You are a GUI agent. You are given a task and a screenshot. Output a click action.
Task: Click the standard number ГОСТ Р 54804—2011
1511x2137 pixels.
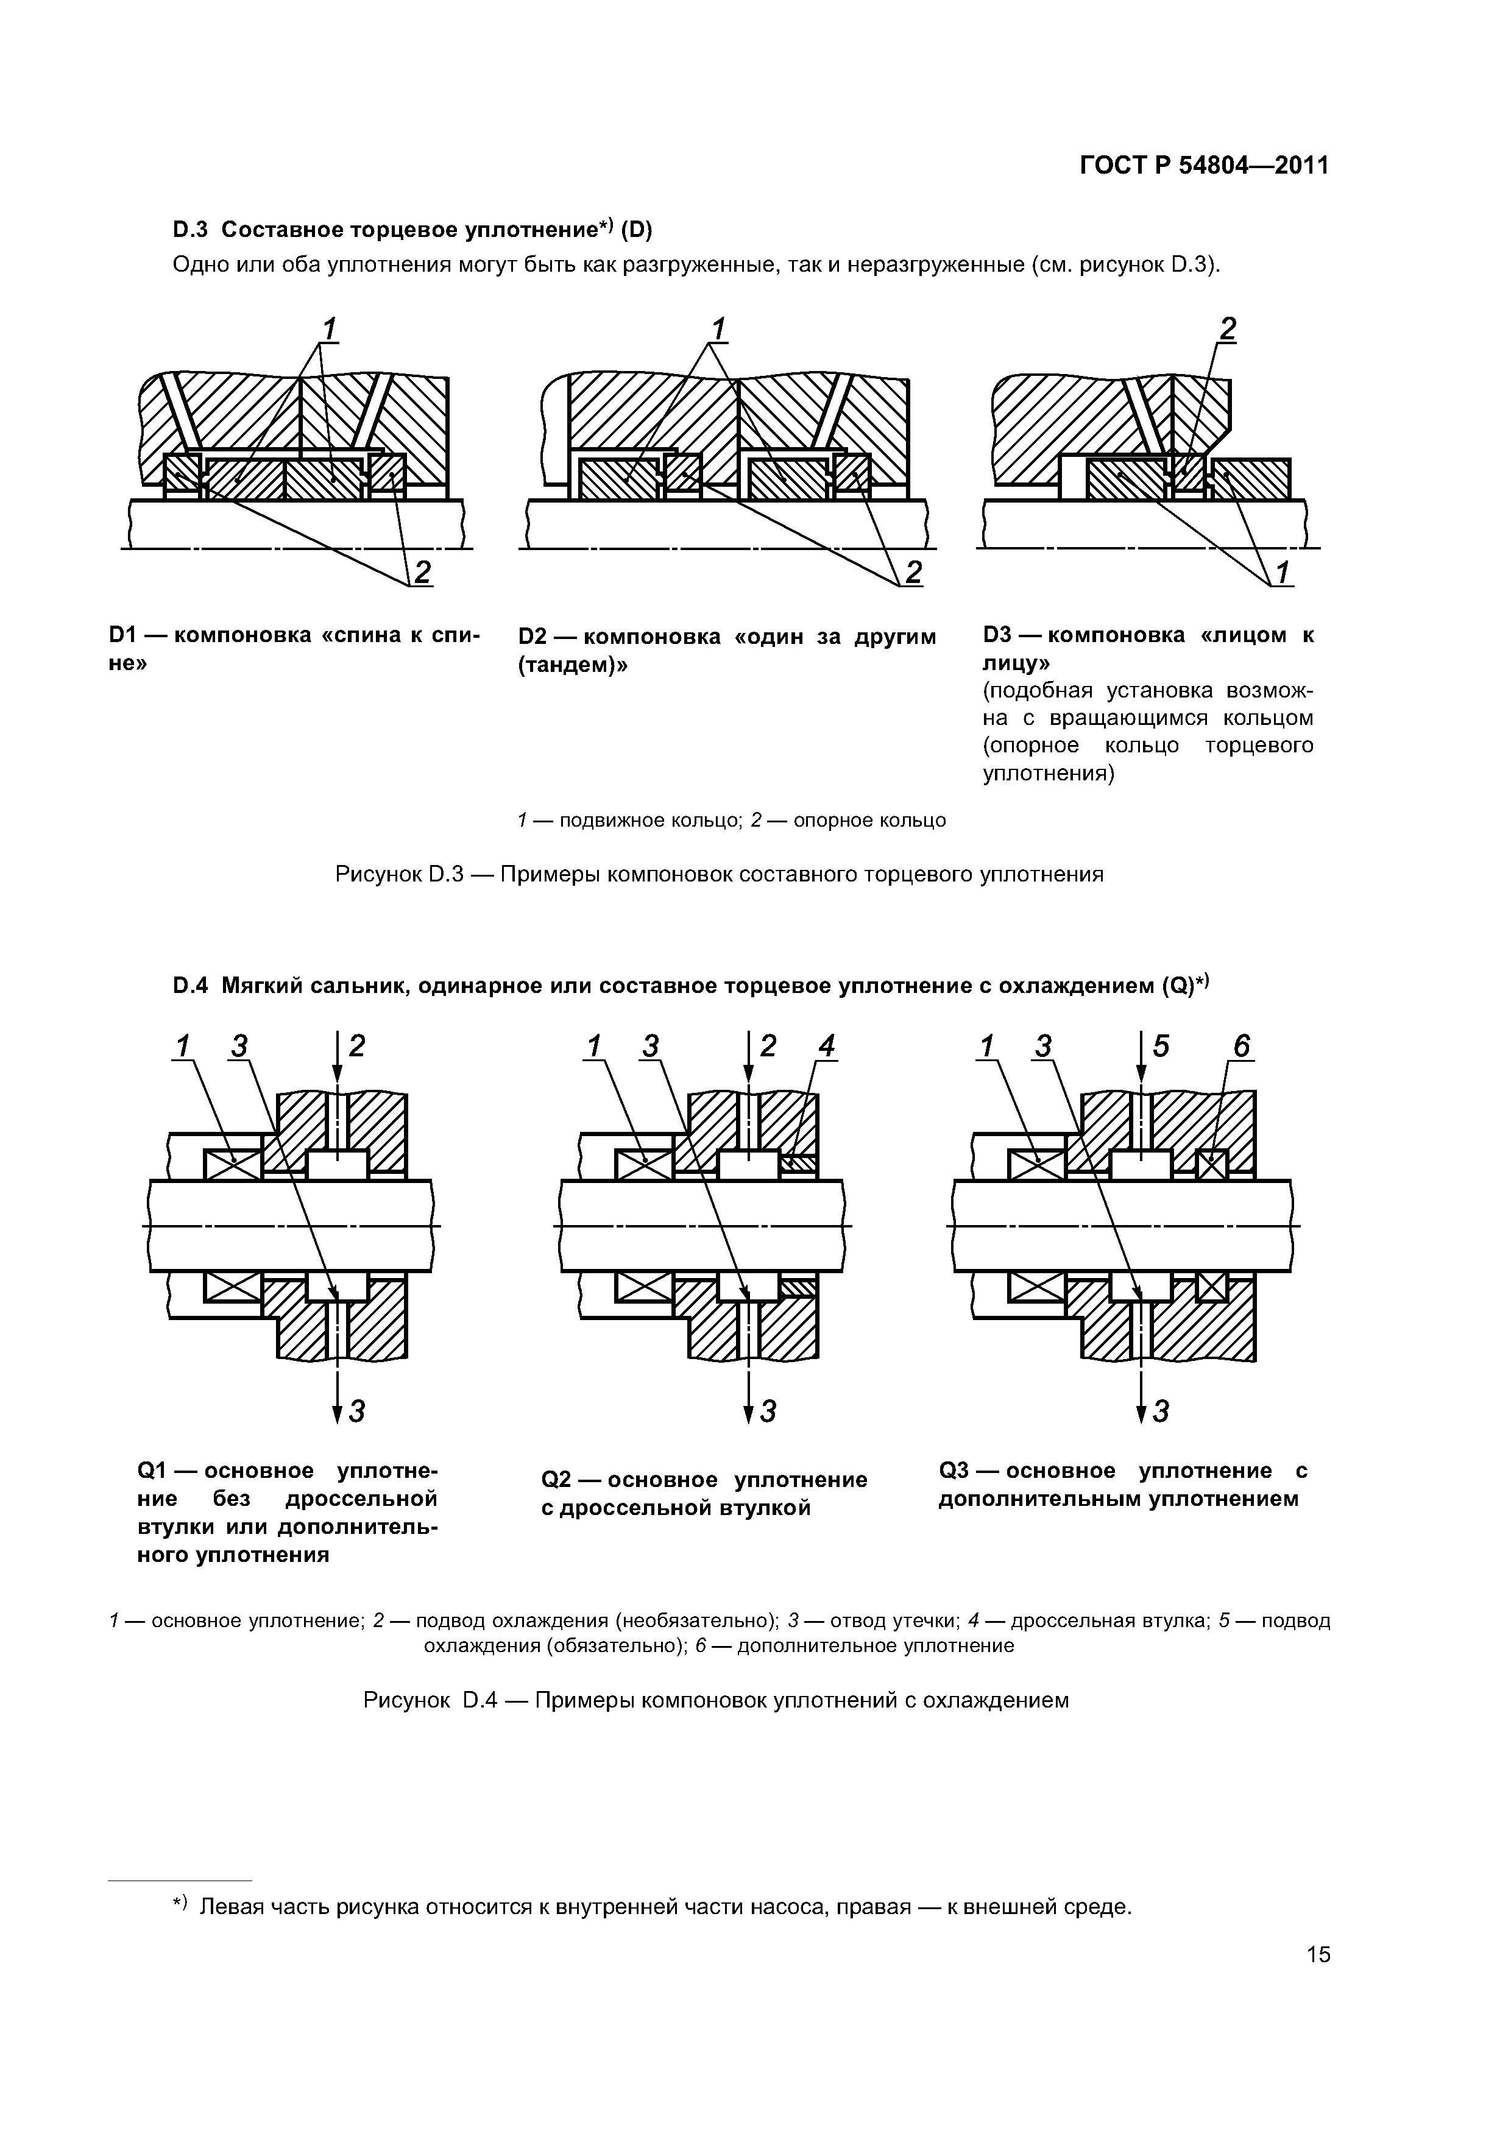click(1204, 166)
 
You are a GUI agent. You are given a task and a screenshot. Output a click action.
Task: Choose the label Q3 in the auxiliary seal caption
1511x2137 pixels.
click(956, 1471)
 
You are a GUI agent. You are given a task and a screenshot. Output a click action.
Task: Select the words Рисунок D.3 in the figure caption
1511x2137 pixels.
click(398, 875)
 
